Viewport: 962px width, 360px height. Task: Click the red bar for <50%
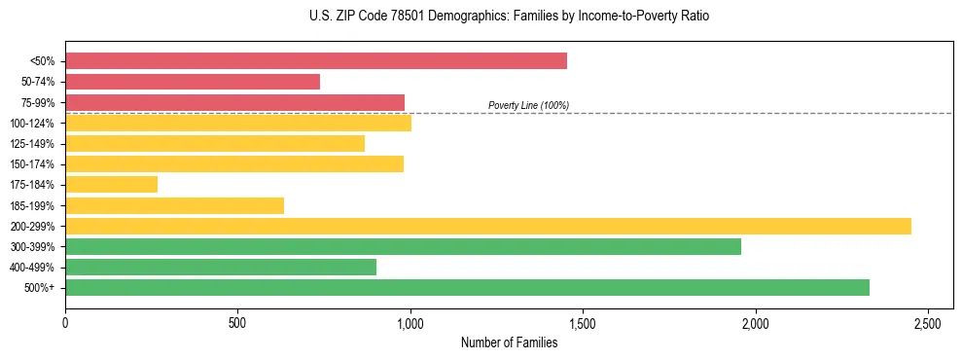coord(316,61)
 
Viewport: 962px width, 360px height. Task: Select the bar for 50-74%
coord(193,82)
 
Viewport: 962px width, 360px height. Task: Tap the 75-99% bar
coord(234,102)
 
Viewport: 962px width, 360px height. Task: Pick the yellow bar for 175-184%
coord(111,185)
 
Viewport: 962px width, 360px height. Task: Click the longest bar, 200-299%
coord(488,226)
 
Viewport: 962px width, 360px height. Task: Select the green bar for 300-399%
coord(403,246)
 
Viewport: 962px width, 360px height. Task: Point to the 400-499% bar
coord(221,268)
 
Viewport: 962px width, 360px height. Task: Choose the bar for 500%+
coord(467,288)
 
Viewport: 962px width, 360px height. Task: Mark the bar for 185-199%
coord(174,205)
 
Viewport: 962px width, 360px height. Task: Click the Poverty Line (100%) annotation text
coord(528,105)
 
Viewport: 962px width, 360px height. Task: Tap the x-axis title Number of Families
coord(510,342)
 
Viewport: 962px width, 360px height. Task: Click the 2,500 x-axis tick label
coord(928,322)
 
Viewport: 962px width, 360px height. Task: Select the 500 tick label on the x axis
coord(237,322)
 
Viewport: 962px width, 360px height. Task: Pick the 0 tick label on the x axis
coord(65,322)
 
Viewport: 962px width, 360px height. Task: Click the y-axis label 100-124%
coord(32,124)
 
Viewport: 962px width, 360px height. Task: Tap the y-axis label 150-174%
coord(32,164)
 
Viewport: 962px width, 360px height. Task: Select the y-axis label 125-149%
coord(32,144)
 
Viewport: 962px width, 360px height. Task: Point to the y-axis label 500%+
coord(38,288)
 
